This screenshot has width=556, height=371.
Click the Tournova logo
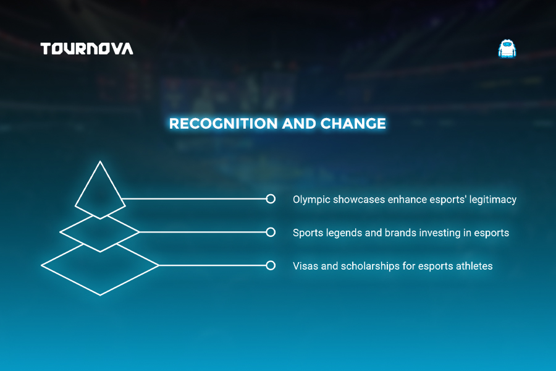pyautogui.click(x=87, y=49)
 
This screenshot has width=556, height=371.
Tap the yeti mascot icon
pyautogui.click(x=507, y=49)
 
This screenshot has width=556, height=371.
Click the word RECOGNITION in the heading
pyautogui.click(x=223, y=124)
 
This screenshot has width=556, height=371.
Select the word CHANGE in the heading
pyautogui.click(x=353, y=124)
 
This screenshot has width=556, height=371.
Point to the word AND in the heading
pyautogui.click(x=298, y=124)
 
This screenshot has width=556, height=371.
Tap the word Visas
pyautogui.click(x=305, y=266)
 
